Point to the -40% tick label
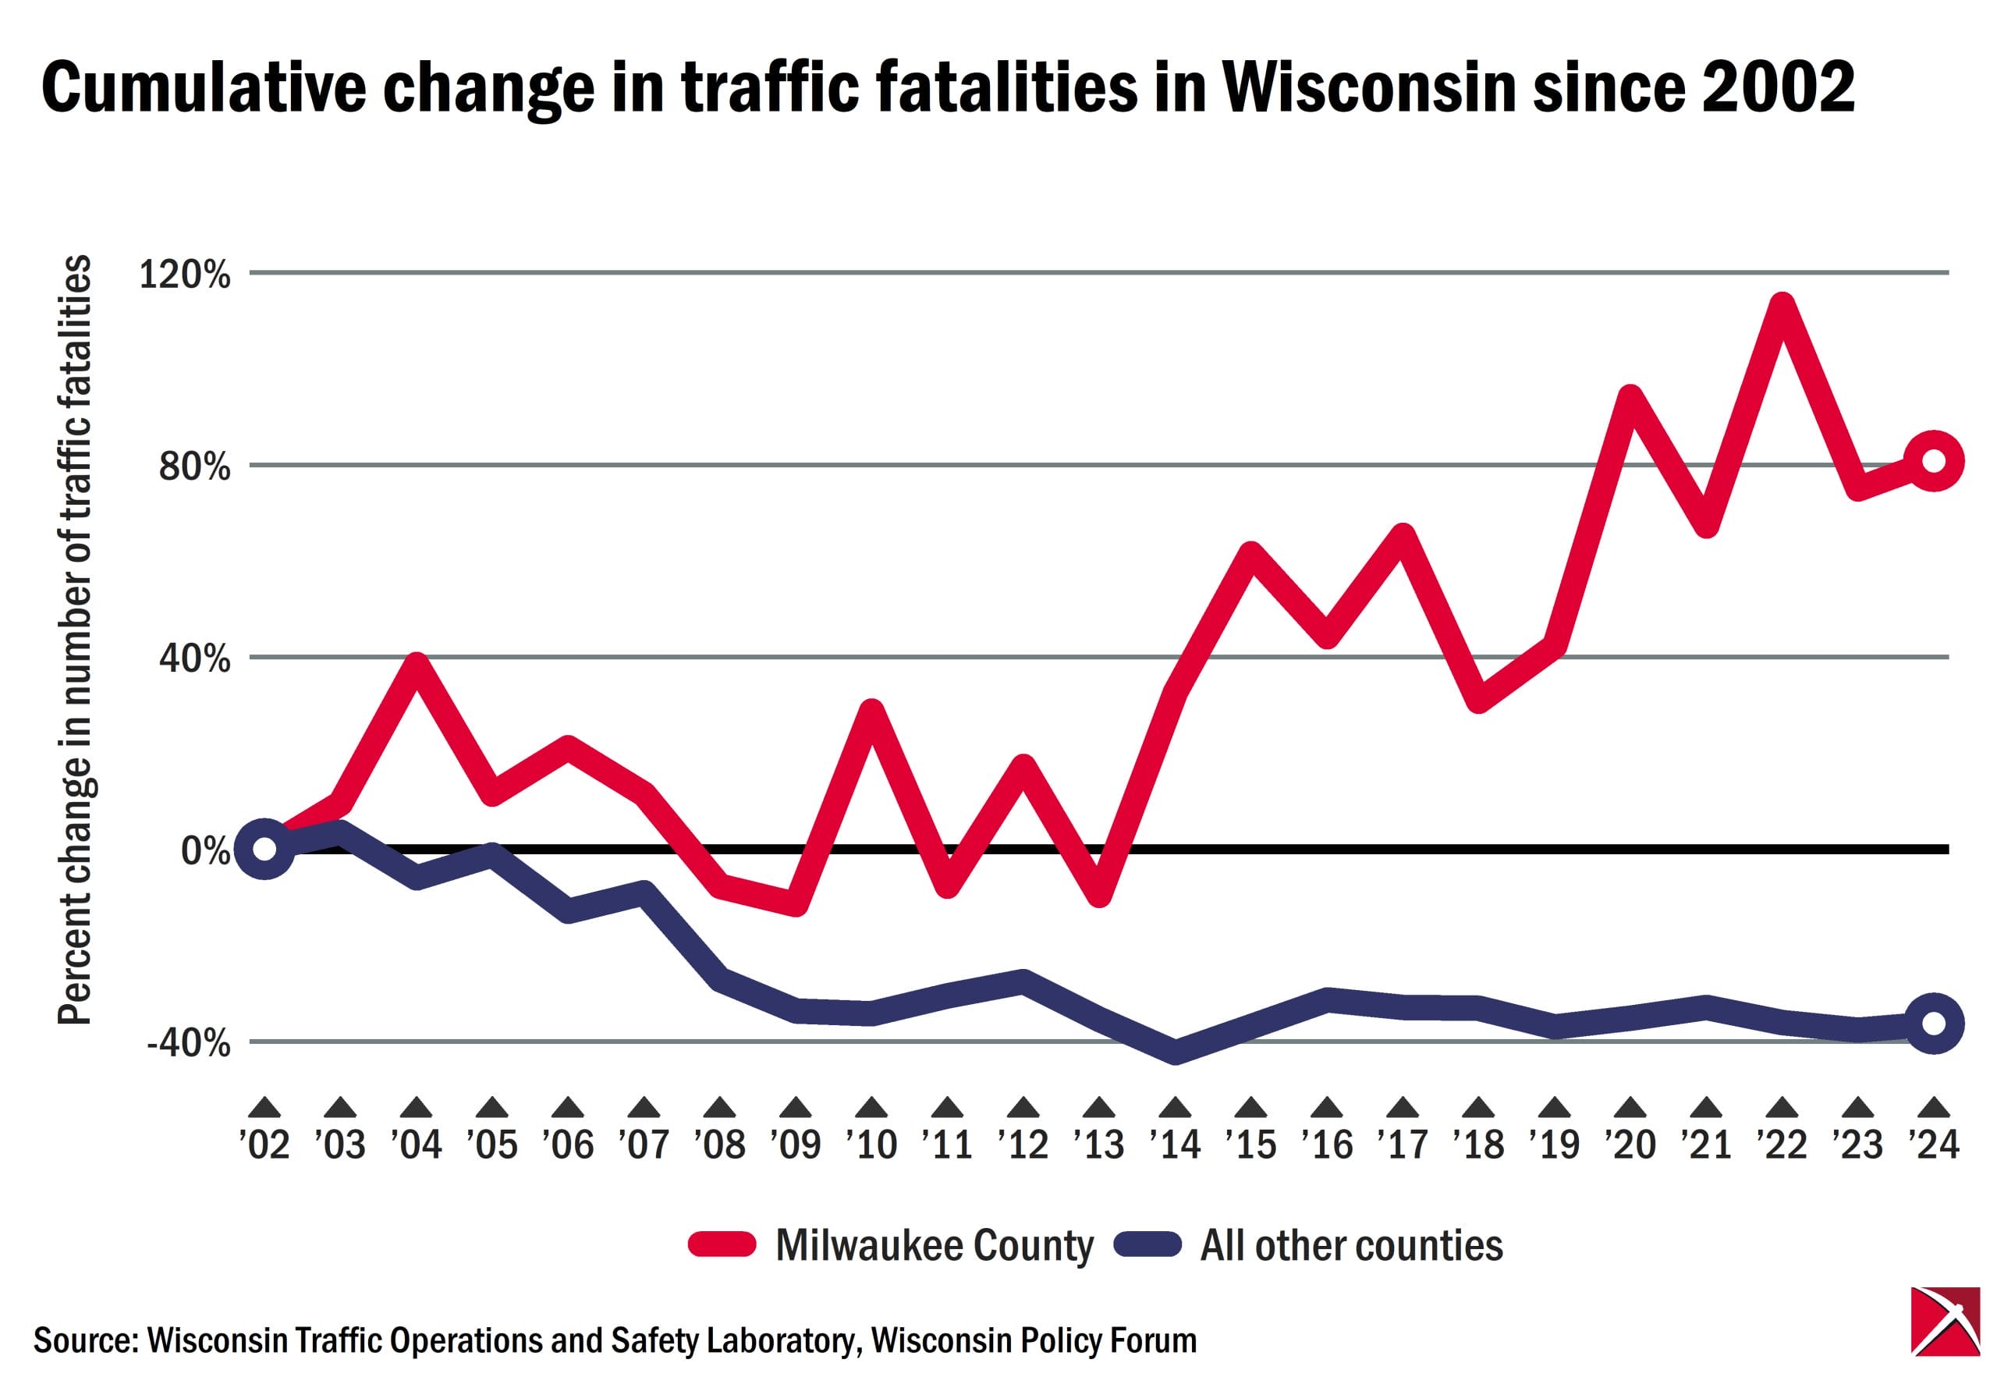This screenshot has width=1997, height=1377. coord(189,1043)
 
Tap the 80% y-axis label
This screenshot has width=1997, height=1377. coord(194,467)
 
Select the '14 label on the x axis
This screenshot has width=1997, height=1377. coord(1175,1144)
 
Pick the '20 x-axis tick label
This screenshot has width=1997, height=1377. coord(1630,1144)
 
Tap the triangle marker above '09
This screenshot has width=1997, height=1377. coord(796,1108)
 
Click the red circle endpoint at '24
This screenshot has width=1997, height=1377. coord(1933,462)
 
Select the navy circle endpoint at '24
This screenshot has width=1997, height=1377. coord(1933,1024)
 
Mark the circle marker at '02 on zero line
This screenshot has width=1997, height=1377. coord(264,849)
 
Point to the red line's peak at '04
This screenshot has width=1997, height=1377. coord(417,665)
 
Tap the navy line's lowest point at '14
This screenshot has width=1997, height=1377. coord(1175,1053)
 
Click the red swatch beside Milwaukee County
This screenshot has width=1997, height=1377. coord(722,1244)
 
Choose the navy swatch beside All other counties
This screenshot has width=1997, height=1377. coord(1147,1244)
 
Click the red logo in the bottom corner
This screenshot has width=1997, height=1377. coord(1945,1333)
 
